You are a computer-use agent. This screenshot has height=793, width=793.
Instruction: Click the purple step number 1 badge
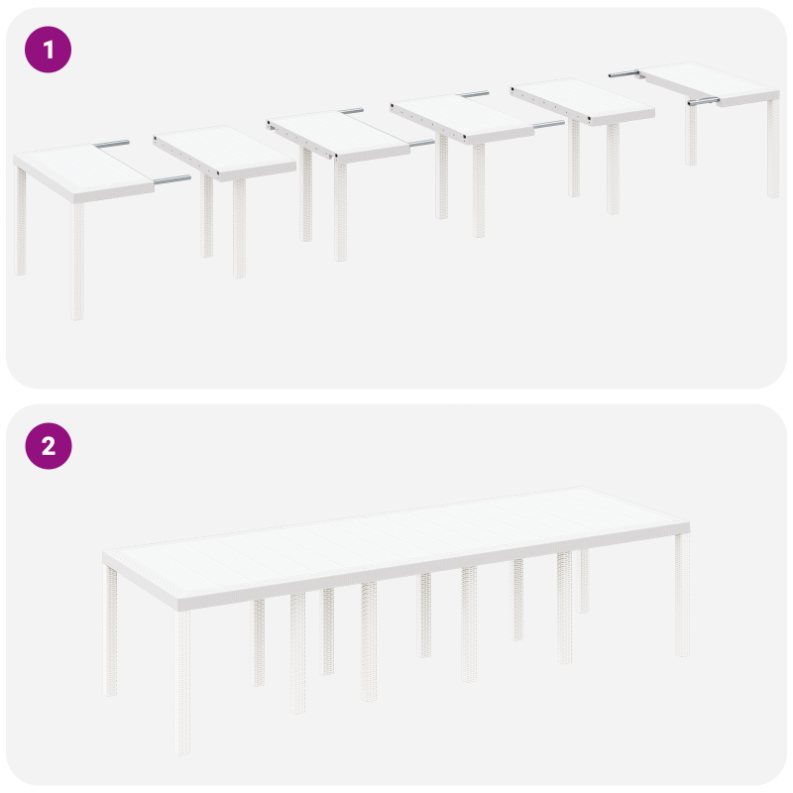point(48,49)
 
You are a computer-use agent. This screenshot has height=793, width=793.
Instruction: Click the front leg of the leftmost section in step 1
point(77,262)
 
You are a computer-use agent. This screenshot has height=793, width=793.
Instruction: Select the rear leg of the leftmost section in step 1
point(21,222)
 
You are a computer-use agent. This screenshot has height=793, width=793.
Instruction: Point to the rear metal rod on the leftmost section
point(112,145)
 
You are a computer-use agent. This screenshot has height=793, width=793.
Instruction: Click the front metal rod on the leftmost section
point(170,180)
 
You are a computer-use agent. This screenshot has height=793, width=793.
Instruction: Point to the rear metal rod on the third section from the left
point(351,111)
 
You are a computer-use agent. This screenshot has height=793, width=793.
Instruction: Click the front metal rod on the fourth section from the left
point(547,125)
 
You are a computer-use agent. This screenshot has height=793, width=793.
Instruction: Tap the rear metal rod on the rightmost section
point(623,72)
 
